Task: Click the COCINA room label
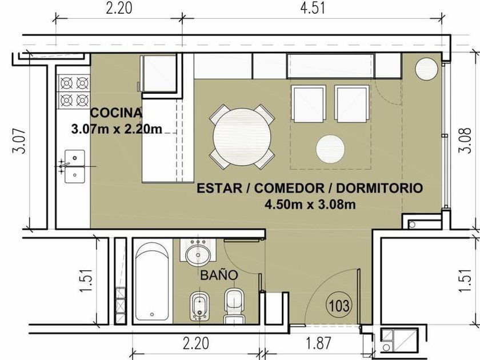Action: [117, 113]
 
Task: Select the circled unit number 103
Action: [339, 305]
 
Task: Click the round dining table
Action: [242, 137]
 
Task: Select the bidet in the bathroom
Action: [199, 306]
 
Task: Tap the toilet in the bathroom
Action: [234, 306]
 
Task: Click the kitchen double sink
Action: [75, 166]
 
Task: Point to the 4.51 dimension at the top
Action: [312, 8]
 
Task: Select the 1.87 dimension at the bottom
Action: [319, 343]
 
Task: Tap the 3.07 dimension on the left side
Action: [18, 141]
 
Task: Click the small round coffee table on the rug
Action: [330, 149]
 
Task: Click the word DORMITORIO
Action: [379, 188]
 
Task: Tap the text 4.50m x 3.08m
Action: [310, 204]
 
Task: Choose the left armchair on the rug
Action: [308, 104]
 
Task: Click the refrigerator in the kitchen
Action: [159, 74]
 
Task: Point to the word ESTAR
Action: [219, 188]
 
